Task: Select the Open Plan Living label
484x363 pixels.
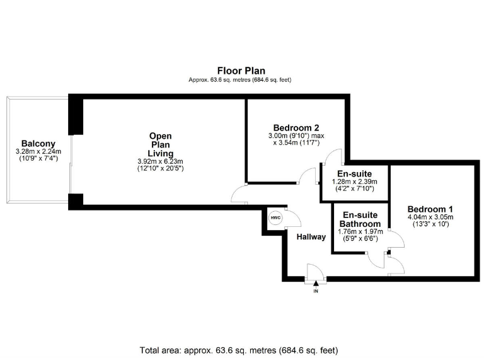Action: coord(160,144)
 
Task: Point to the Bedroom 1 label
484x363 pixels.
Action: coord(430,209)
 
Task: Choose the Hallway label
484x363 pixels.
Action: coord(311,237)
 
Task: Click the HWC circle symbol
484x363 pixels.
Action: coord(275,217)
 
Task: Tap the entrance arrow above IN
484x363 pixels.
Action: coord(315,285)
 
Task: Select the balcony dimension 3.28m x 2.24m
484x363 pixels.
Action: coord(38,151)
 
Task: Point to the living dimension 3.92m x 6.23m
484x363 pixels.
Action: coord(160,161)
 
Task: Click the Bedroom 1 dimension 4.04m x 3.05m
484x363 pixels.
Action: coord(430,217)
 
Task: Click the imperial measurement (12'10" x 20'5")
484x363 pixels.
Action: coord(160,169)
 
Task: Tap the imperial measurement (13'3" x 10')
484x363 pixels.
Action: coord(430,224)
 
